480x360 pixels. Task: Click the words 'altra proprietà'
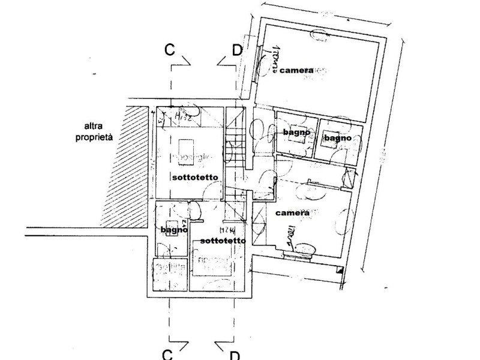point(100,131)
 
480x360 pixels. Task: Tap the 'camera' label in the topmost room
point(295,70)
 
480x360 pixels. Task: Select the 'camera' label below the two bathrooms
point(292,213)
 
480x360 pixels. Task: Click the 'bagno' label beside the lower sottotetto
point(174,229)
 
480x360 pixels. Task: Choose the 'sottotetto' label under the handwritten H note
point(223,241)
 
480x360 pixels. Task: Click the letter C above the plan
point(170,50)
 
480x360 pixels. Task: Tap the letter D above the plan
point(236,50)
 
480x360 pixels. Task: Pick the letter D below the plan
point(235,355)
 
